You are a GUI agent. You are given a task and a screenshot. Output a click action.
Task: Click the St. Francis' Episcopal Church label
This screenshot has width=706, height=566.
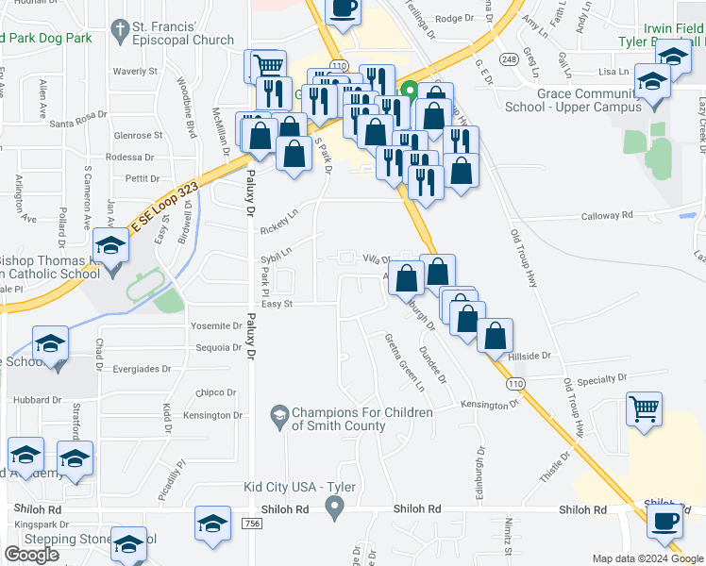tap(184, 32)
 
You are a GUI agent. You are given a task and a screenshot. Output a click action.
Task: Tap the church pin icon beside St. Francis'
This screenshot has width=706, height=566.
tap(119, 32)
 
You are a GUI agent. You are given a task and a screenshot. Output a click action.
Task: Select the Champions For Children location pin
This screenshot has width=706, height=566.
tap(279, 413)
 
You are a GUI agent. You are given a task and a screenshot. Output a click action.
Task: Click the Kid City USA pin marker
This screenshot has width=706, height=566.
tap(334, 509)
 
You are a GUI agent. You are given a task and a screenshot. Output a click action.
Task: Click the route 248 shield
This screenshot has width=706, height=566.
tap(510, 59)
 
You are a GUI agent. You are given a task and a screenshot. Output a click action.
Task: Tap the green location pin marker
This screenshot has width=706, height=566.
tap(410, 92)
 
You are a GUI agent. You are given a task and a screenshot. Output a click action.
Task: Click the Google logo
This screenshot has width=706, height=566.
tap(31, 555)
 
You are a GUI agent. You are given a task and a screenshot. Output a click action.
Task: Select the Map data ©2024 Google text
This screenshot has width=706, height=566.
tap(646, 558)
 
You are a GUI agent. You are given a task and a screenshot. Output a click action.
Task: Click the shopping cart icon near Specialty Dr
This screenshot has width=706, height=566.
tap(645, 410)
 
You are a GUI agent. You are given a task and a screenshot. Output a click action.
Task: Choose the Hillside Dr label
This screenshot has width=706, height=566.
tap(529, 356)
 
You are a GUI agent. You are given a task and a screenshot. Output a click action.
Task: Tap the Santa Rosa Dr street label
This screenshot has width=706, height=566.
tap(78, 120)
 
